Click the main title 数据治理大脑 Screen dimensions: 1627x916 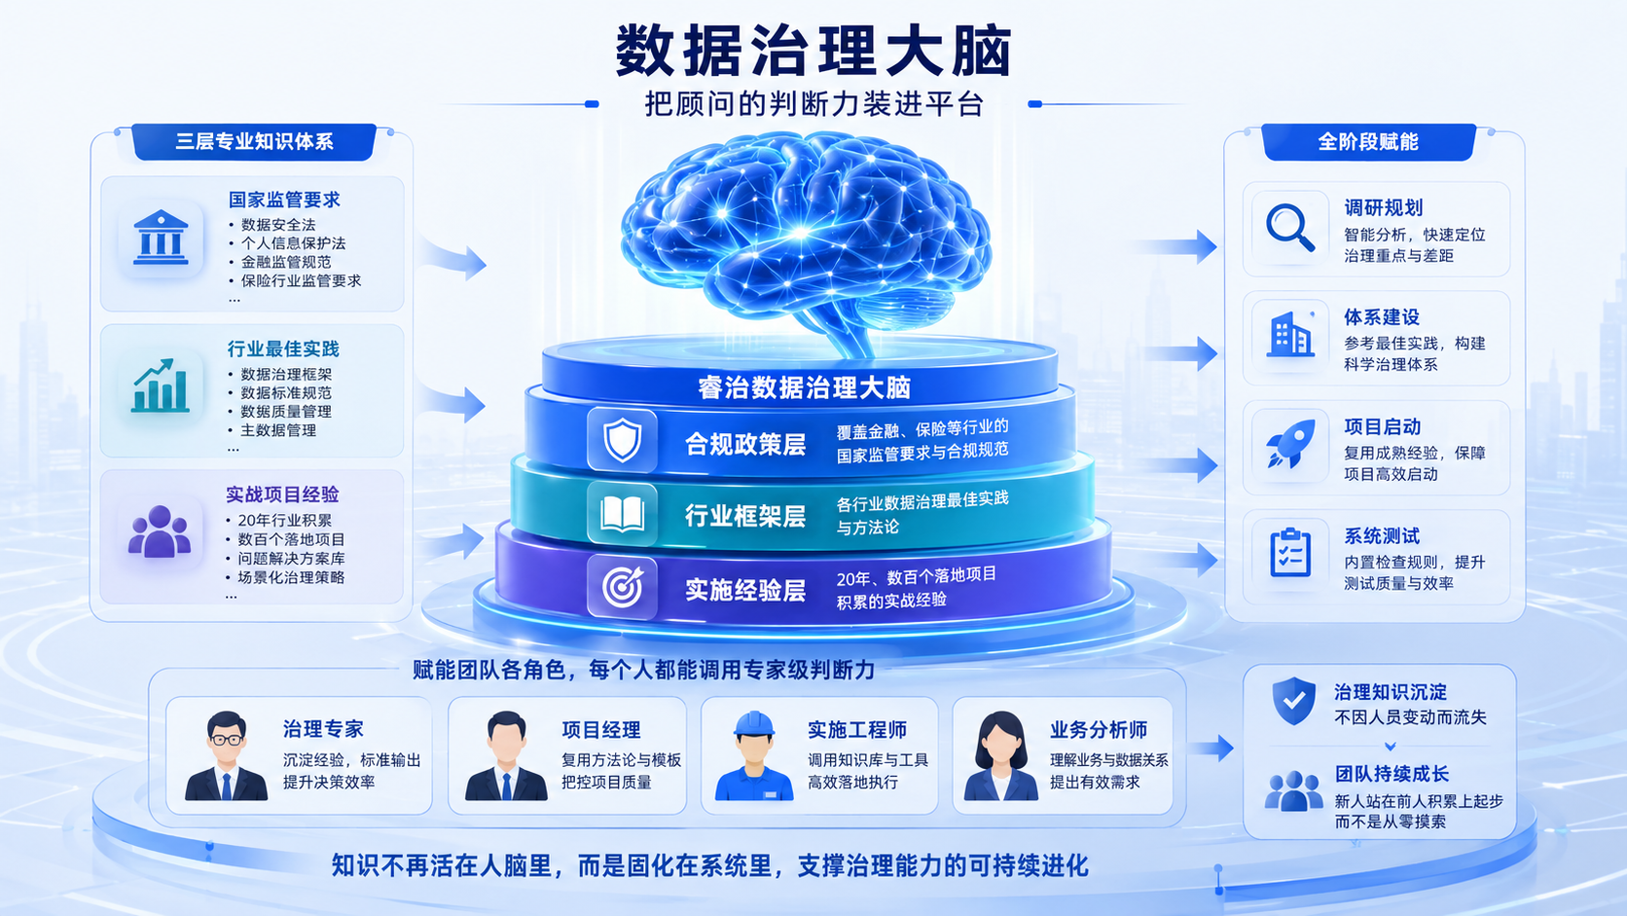tap(813, 51)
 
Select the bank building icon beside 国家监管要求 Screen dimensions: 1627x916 tap(161, 238)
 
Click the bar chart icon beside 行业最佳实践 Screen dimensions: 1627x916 tap(160, 385)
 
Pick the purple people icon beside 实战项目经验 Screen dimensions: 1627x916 tap(159, 531)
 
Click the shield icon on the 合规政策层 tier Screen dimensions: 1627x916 tap(623, 440)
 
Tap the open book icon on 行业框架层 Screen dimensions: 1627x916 tap(623, 514)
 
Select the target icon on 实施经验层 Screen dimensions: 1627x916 tap(623, 587)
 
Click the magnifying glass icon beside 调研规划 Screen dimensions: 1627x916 tap(1290, 228)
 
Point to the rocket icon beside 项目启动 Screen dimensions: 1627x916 tap(1290, 443)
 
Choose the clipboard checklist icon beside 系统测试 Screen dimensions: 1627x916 tap(1290, 553)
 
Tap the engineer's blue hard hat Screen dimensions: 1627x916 tap(754, 724)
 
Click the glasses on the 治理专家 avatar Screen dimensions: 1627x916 tap(226, 740)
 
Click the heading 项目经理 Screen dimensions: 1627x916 tap(600, 730)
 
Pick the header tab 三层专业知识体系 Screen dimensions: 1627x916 tap(254, 141)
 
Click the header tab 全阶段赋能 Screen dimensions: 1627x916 tap(1368, 142)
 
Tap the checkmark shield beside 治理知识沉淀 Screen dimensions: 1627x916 tap(1293, 701)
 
